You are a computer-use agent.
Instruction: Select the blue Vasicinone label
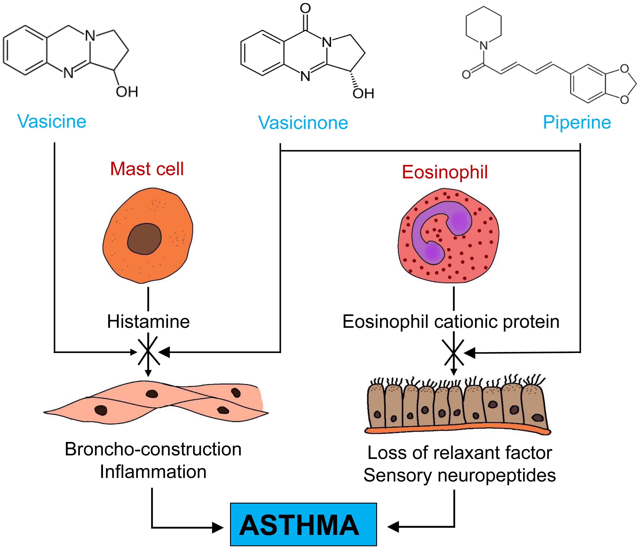(303, 123)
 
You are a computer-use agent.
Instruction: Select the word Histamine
(148, 322)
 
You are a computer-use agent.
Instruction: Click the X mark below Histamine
(149, 352)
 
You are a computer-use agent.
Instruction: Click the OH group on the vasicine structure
(127, 92)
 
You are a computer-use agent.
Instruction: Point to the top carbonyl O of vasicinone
(305, 9)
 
